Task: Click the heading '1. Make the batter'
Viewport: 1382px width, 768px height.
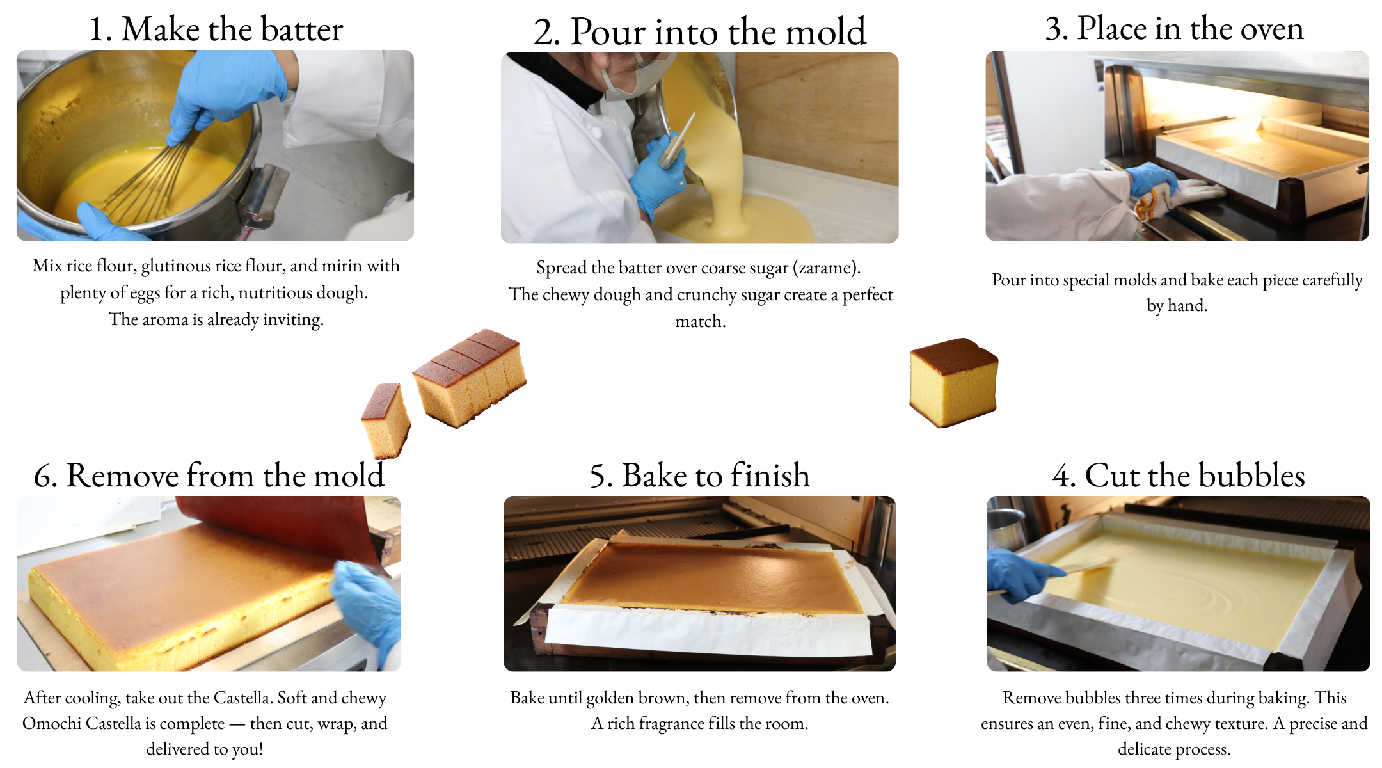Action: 216,29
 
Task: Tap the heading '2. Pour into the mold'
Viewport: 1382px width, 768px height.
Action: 699,31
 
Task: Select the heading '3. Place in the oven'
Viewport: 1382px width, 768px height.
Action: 1174,28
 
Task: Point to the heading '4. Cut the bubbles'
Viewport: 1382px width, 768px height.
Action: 1179,476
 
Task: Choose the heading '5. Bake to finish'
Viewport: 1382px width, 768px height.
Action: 699,476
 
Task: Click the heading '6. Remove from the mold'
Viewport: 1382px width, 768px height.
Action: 209,476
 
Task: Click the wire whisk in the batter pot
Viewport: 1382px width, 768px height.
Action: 154,179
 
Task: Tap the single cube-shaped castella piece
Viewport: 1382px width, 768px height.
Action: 953,382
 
